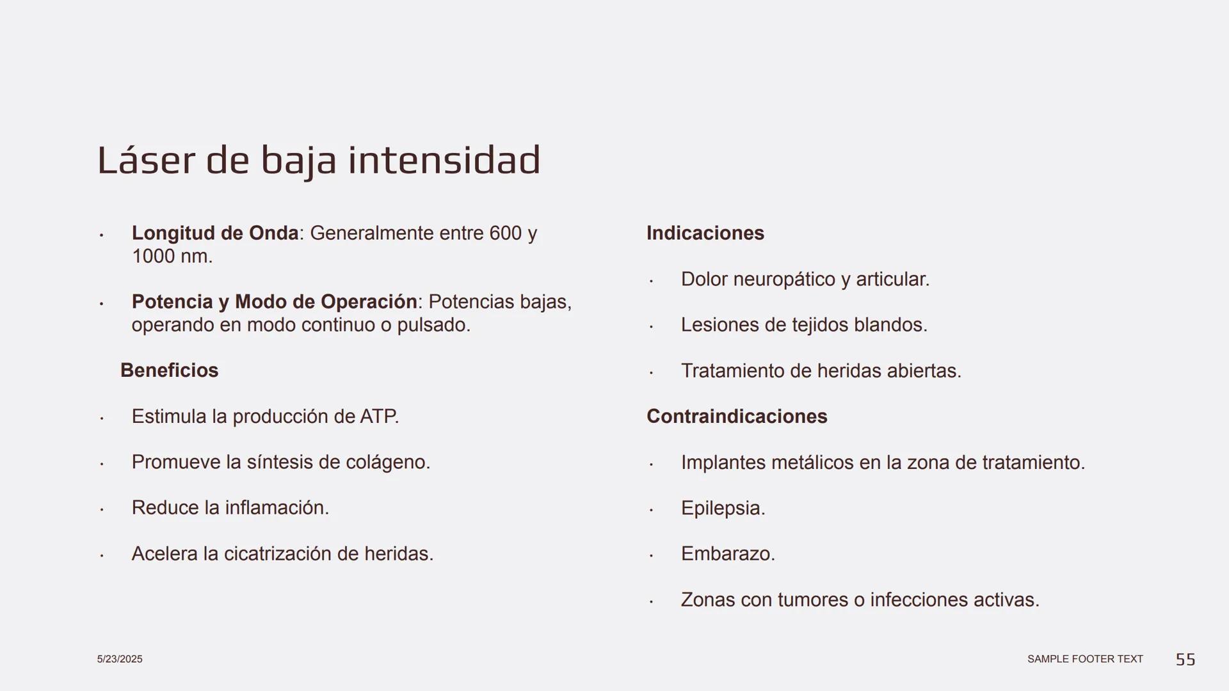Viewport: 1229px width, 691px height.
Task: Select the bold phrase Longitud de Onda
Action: (215, 233)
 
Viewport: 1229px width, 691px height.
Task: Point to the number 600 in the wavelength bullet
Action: (506, 233)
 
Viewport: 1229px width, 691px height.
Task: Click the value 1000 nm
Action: (172, 257)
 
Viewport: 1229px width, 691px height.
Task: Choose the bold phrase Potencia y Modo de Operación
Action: (274, 301)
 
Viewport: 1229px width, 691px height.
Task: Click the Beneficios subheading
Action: (169, 370)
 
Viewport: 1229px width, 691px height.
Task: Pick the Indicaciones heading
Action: (705, 233)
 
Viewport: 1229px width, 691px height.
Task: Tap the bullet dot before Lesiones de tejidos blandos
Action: (651, 326)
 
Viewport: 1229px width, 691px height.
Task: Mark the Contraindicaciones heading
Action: (737, 417)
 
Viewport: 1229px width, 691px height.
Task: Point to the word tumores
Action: (812, 600)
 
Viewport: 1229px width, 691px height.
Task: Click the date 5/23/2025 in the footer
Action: (120, 659)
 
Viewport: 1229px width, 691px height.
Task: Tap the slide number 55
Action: (1185, 659)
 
